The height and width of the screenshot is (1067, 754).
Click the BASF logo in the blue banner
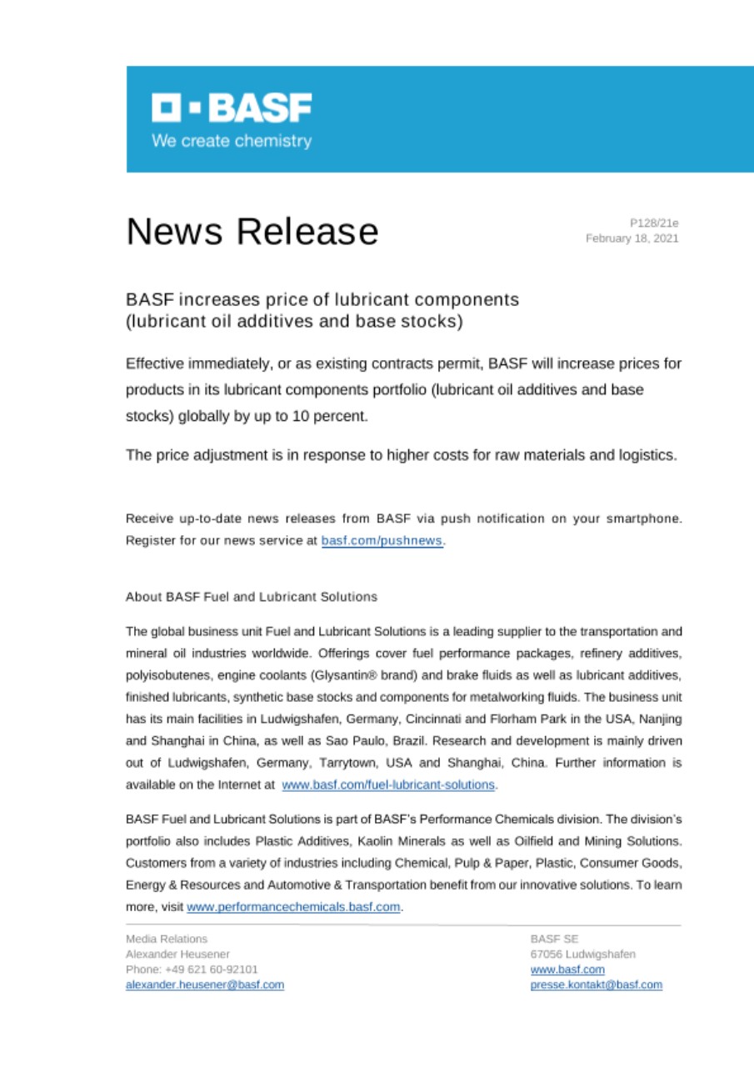(x=232, y=108)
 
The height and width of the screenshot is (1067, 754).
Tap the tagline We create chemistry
(x=232, y=141)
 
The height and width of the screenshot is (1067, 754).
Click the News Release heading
(x=252, y=232)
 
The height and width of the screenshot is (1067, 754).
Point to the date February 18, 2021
(x=632, y=238)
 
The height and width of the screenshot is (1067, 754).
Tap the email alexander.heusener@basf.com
(x=205, y=984)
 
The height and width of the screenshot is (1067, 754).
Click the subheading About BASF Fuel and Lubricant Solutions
(x=251, y=597)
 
